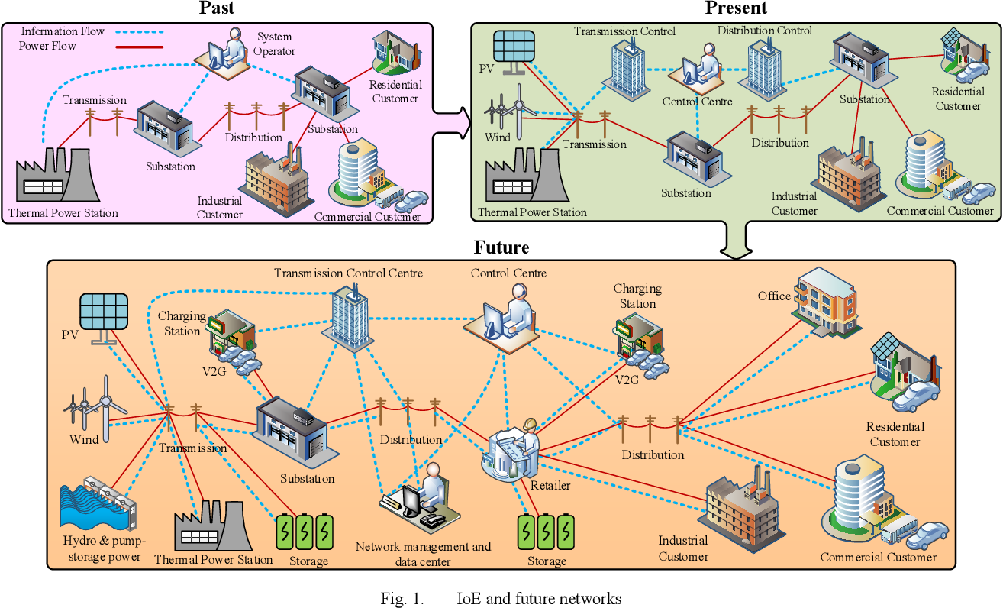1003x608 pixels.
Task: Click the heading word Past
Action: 217,9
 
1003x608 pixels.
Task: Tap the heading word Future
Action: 501,247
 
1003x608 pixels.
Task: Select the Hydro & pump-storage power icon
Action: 97,505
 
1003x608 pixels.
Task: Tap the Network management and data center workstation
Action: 418,500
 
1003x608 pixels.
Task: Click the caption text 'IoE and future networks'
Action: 538,599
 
